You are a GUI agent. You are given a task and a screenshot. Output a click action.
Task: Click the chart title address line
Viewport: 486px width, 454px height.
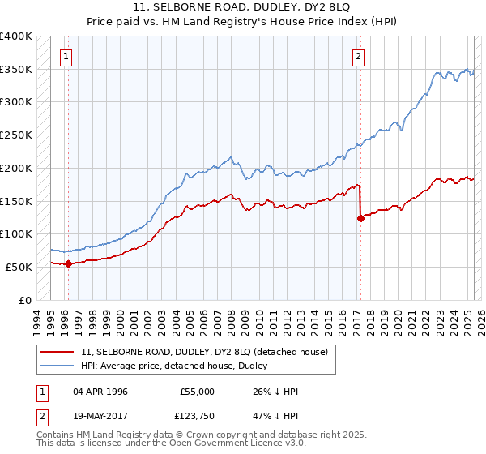[242, 9]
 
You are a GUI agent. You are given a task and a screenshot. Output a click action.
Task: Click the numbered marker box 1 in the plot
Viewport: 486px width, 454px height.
[65, 57]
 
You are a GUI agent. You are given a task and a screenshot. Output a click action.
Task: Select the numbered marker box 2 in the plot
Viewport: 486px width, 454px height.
[358, 57]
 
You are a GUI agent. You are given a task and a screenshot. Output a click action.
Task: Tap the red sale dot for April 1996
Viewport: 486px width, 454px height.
[68, 263]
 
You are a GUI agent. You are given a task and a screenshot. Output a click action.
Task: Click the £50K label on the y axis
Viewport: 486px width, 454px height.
[19, 267]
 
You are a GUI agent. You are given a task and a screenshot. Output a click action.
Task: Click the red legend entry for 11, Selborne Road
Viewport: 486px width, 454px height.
[204, 352]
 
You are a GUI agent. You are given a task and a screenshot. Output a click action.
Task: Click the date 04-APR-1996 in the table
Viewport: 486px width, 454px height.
[100, 392]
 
